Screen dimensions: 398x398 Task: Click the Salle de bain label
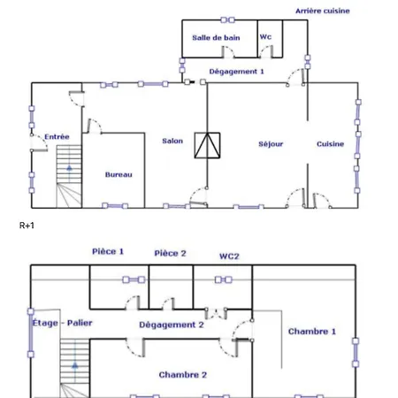point(216,38)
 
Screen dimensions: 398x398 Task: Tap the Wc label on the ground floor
point(265,37)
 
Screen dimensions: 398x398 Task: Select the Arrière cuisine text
point(323,11)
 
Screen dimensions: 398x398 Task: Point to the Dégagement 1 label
point(236,72)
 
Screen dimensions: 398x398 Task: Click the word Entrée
point(57,137)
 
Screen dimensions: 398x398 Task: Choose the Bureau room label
point(119,174)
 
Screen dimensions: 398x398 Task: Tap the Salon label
point(172,141)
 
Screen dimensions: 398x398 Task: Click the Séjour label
point(271,144)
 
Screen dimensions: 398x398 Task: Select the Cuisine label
point(330,144)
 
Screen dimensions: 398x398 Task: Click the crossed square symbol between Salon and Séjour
point(207,145)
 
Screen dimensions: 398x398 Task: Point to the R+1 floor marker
point(27,226)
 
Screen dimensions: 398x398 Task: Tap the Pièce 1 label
point(108,251)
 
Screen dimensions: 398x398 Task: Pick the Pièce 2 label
point(170,253)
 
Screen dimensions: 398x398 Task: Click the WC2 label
point(229,256)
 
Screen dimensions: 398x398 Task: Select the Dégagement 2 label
point(172,325)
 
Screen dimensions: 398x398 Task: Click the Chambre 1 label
point(312,332)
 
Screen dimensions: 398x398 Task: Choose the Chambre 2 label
point(183,375)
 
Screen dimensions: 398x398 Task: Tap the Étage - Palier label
point(62,323)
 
